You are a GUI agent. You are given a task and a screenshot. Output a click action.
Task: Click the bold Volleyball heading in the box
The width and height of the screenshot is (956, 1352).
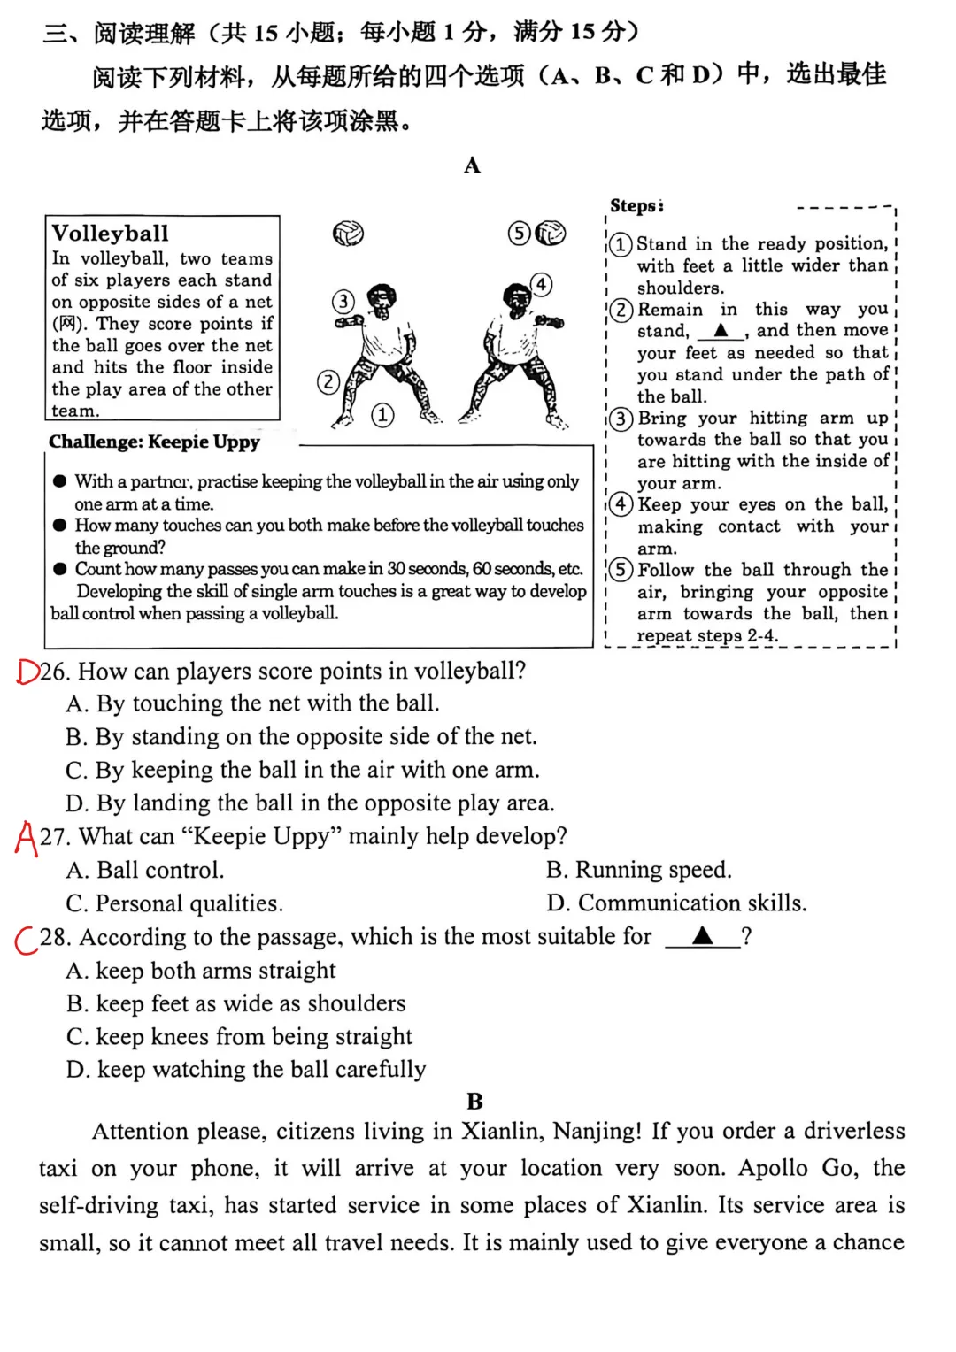tap(110, 233)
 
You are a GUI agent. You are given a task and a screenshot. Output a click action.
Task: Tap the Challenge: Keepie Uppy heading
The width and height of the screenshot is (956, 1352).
tap(154, 442)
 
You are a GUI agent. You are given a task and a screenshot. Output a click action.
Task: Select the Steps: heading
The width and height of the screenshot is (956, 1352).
tap(636, 206)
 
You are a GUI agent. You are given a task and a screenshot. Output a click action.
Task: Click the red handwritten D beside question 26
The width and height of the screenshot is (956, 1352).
tap(27, 672)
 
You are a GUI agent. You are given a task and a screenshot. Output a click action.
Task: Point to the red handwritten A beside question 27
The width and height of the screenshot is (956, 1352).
tap(27, 837)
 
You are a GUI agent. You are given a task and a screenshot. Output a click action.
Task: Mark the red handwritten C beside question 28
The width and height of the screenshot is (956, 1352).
tap(26, 940)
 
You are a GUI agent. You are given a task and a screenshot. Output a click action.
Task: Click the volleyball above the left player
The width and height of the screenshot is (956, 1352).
tap(348, 234)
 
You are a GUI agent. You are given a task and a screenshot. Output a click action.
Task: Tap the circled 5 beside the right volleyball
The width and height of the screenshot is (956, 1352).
tap(520, 233)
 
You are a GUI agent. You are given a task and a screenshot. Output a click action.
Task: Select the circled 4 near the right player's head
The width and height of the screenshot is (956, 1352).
tap(541, 284)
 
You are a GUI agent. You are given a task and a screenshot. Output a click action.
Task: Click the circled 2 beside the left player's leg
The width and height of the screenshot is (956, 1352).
tap(328, 382)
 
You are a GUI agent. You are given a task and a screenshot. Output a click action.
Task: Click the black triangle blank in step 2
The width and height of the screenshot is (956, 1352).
tap(721, 331)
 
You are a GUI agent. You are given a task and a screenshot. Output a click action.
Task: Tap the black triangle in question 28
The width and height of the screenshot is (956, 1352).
tap(702, 936)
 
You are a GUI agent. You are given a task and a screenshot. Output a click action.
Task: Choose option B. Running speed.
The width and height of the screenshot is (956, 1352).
tap(638, 870)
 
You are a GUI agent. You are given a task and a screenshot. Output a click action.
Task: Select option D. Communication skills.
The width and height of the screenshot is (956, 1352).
tap(676, 903)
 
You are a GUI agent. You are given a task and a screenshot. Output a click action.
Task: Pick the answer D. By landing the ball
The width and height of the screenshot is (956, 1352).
tap(310, 803)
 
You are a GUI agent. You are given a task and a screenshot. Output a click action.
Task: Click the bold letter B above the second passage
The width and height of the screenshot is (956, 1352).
tap(474, 1102)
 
